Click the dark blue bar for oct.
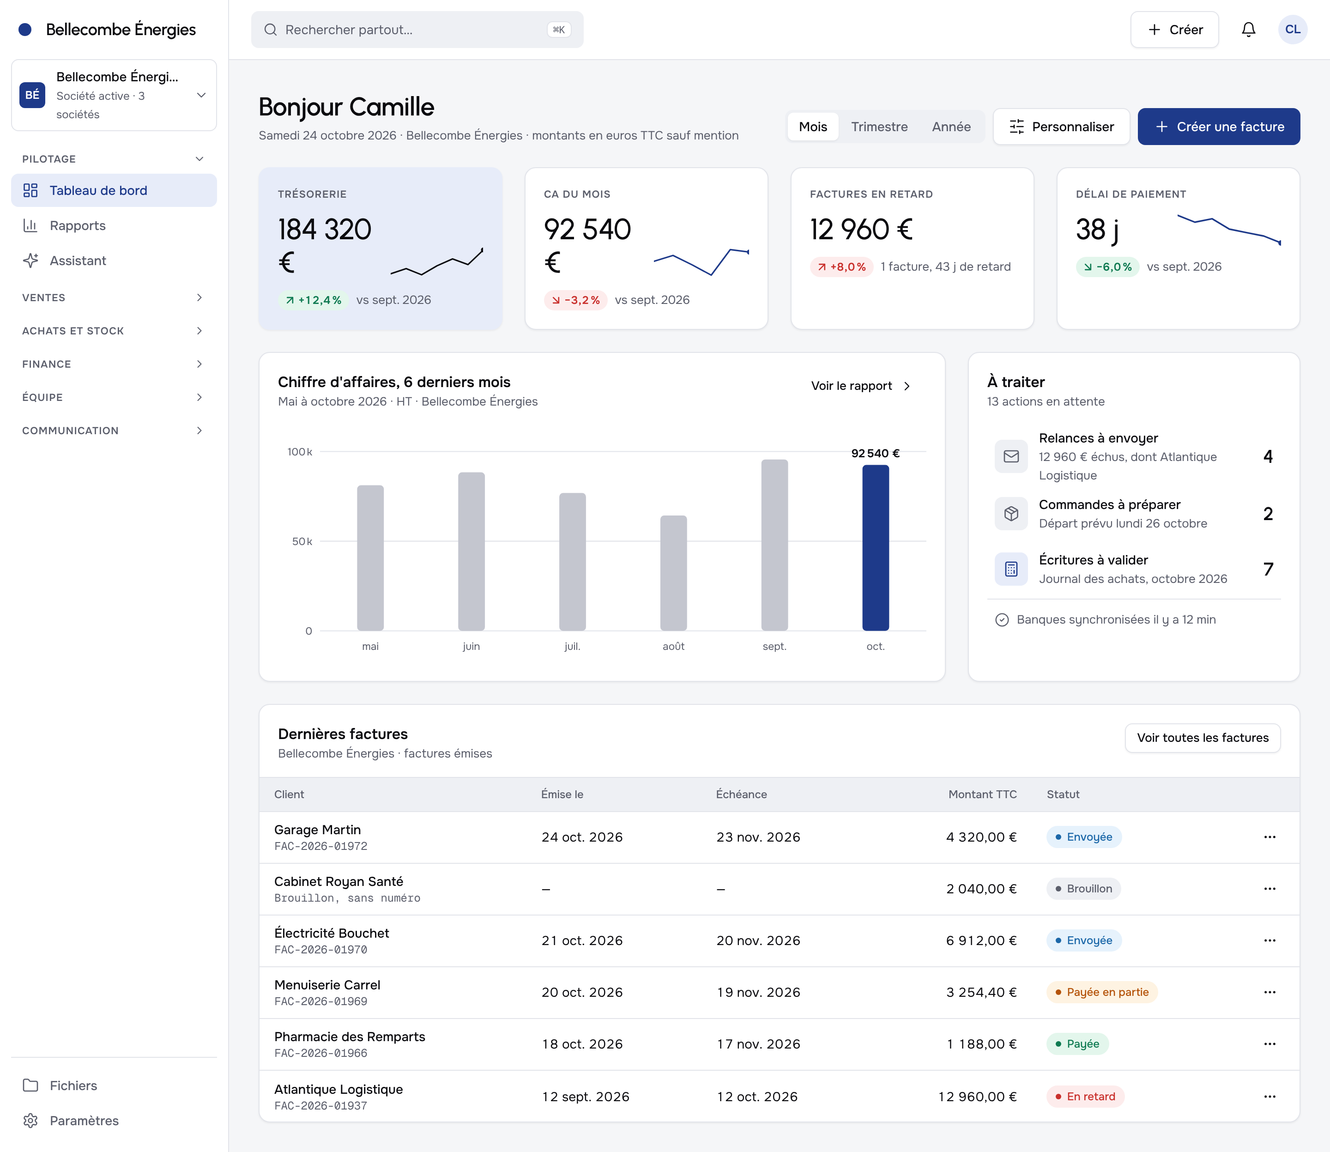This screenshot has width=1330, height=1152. click(876, 548)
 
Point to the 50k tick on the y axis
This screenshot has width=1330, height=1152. click(302, 541)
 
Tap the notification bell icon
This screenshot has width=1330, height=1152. click(1248, 30)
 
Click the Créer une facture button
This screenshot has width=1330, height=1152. click(1219, 127)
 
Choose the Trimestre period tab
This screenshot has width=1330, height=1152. click(879, 127)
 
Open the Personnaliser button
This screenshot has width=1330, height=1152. click(1061, 127)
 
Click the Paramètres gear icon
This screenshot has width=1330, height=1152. click(30, 1121)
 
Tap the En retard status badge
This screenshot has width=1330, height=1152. click(1085, 1097)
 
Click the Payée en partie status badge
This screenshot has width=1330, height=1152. click(1102, 992)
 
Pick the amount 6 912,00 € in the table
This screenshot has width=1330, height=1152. click(981, 940)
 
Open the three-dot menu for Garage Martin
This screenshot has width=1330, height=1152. click(1270, 837)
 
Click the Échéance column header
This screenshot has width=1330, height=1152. click(741, 794)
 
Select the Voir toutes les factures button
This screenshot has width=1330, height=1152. click(1202, 738)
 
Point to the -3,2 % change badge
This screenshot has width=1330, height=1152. click(575, 300)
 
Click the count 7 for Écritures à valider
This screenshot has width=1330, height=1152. click(1268, 569)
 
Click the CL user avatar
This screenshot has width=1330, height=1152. click(1292, 30)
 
